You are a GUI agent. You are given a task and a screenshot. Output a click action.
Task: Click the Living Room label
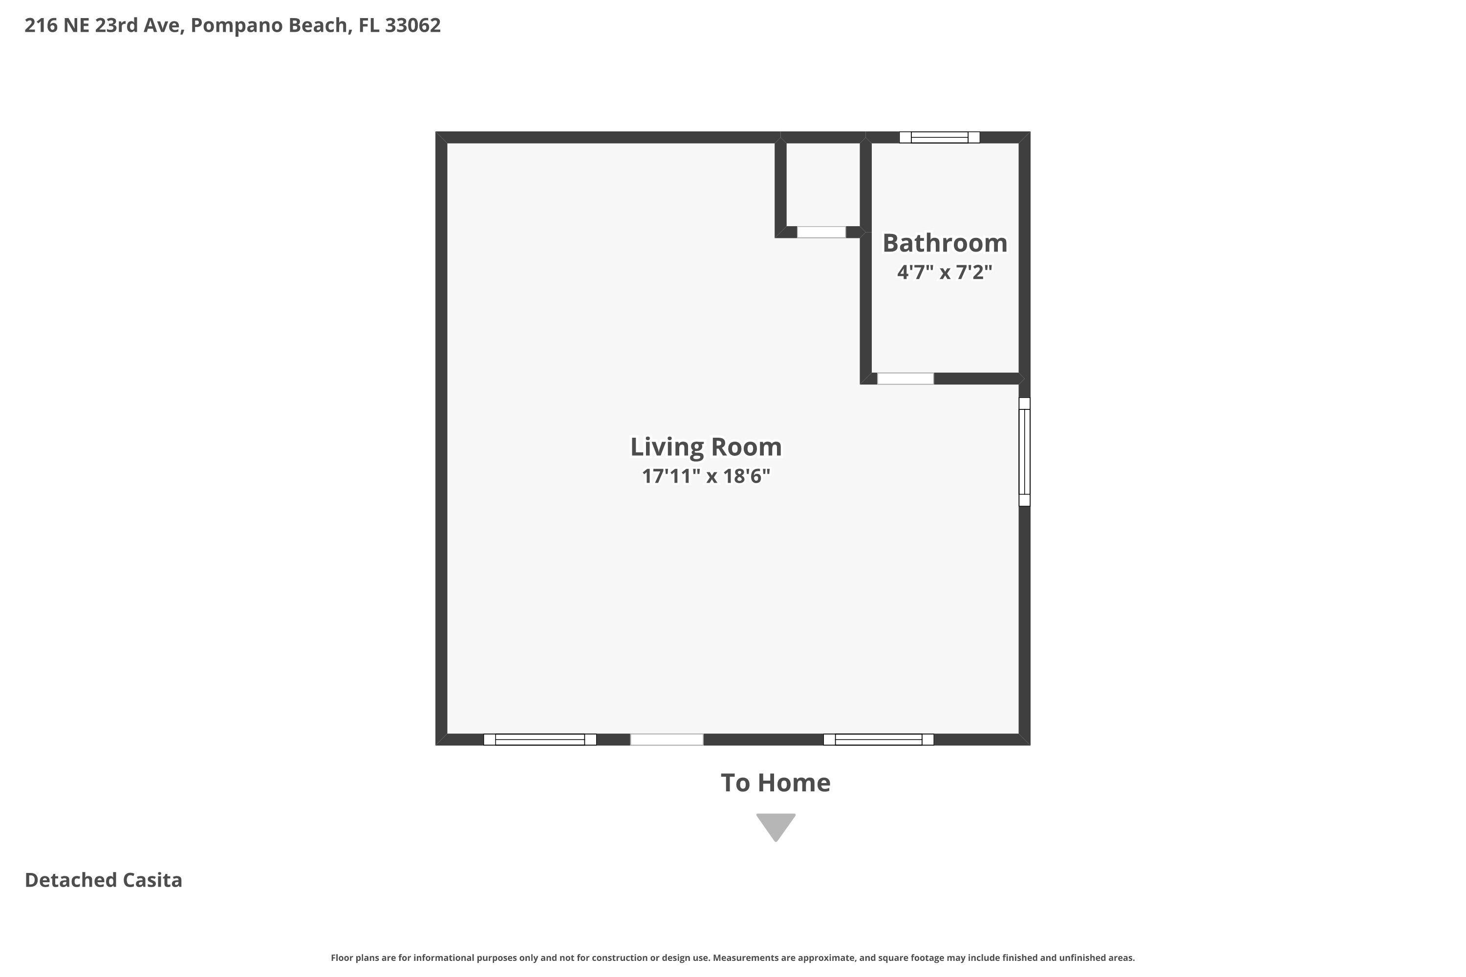pos(706,447)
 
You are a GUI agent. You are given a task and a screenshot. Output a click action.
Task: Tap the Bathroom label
pos(945,243)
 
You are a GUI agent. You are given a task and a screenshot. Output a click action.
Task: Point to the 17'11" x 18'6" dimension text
pos(706,476)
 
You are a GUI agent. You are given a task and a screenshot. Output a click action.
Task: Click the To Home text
pos(776,783)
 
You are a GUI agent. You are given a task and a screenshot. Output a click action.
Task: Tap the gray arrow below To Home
pos(776,826)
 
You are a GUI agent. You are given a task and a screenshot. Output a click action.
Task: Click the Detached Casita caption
pos(104,880)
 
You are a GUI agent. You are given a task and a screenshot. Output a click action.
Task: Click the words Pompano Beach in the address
pos(269,25)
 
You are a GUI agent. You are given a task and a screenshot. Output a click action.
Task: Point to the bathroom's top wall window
pos(939,137)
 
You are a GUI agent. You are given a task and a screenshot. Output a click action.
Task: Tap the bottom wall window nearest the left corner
pos(540,740)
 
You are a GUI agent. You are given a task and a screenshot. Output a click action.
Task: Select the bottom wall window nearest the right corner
pos(878,740)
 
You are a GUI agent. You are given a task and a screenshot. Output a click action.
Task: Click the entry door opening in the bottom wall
pos(667,740)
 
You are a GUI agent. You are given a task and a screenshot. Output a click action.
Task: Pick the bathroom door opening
pos(905,378)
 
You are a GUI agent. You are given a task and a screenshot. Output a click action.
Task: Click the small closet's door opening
pos(821,232)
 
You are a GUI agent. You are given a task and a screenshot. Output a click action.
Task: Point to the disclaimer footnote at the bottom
pos(733,957)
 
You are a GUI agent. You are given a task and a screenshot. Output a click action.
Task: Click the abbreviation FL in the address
pos(368,25)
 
